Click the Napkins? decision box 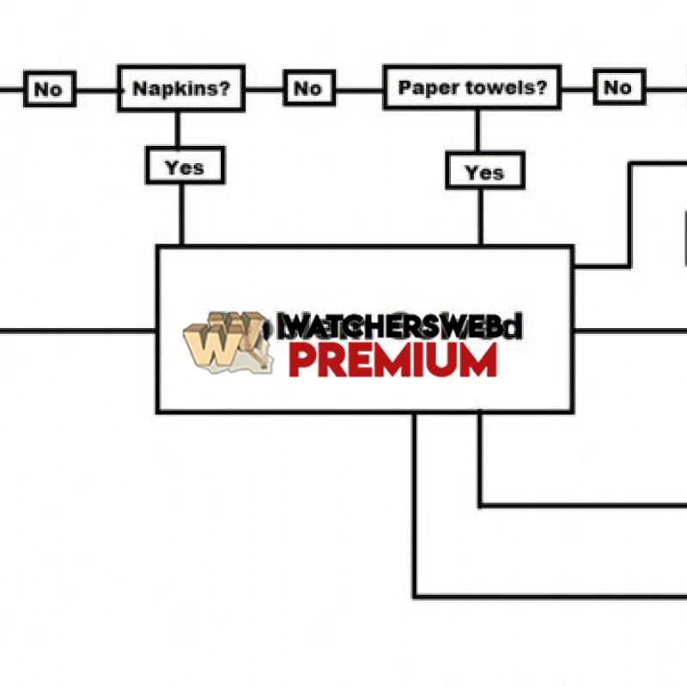tap(181, 88)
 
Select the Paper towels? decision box tap(472, 88)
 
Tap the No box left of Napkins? tap(49, 88)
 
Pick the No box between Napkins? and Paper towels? tap(307, 88)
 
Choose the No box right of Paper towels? tap(617, 87)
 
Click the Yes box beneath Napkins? tap(185, 167)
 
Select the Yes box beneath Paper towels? tap(483, 172)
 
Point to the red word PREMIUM tap(392, 361)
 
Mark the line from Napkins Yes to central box tap(181, 215)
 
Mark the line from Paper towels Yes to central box tap(480, 216)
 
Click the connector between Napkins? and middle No tap(264, 88)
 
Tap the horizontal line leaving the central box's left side tap(77, 330)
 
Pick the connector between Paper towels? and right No tap(577, 88)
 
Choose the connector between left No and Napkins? tap(97, 89)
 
